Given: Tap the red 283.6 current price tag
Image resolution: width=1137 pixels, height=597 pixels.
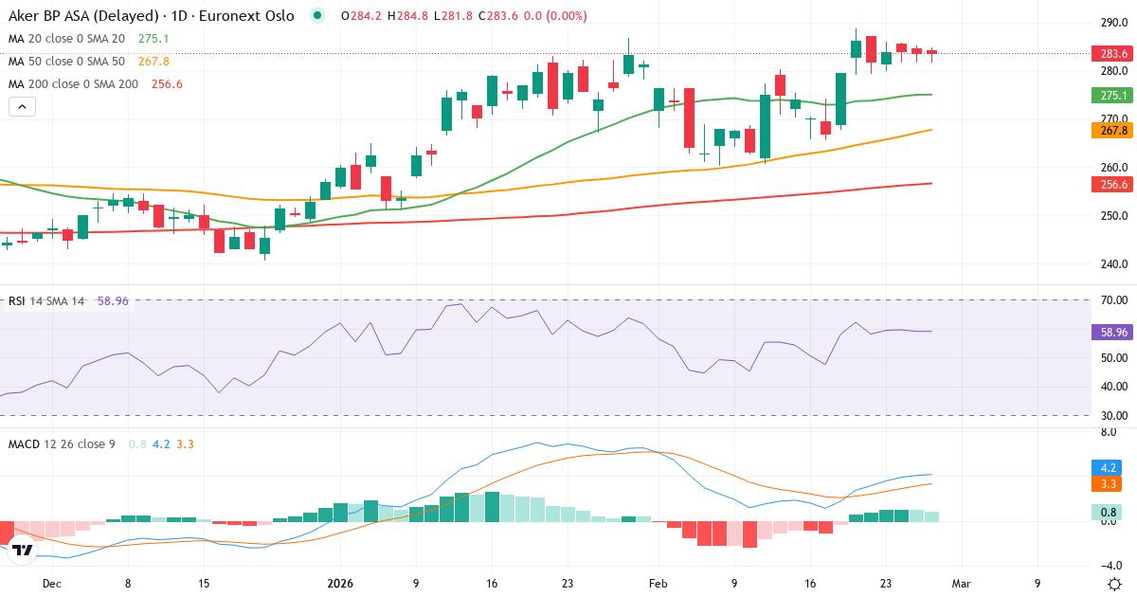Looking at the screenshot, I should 1109,53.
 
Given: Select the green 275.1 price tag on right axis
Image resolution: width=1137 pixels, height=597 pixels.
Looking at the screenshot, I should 1109,95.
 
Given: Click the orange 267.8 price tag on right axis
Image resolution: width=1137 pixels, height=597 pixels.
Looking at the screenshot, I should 1109,130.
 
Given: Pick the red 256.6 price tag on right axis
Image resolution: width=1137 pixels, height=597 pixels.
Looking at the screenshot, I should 1109,185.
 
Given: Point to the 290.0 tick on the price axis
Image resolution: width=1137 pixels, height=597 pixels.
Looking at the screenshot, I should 1113,23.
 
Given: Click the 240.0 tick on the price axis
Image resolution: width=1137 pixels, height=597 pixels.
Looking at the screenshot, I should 1113,264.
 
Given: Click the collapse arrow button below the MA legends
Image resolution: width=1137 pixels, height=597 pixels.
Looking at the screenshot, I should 22,107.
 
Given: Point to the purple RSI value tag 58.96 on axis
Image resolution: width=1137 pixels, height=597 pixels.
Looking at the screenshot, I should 1109,333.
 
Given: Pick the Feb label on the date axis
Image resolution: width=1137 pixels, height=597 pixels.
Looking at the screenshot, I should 658,584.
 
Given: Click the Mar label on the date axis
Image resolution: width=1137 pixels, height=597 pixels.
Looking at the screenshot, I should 961,584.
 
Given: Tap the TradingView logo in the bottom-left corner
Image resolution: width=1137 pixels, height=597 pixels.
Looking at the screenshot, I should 24,550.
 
